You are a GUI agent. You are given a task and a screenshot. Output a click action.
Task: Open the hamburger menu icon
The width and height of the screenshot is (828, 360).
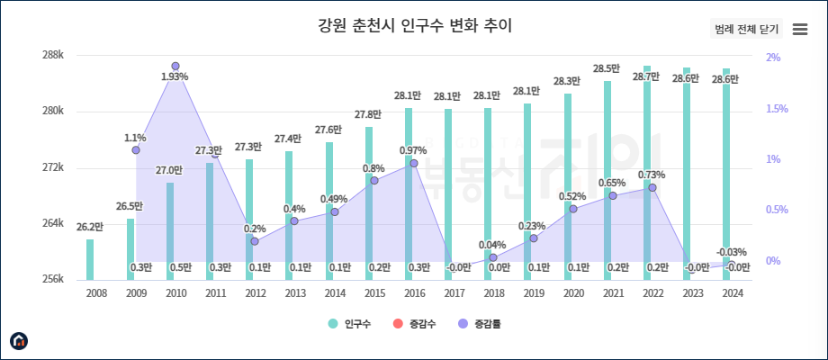(799, 29)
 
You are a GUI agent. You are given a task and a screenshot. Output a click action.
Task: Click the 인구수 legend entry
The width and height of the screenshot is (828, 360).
(352, 323)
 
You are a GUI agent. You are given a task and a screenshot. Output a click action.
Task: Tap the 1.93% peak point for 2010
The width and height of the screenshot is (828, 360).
(175, 67)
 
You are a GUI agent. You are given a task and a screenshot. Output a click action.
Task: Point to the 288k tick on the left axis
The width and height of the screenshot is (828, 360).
(53, 56)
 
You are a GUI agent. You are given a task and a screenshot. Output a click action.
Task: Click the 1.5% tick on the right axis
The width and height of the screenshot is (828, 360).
(776, 109)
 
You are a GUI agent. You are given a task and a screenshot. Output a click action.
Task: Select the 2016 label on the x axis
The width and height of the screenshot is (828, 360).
(414, 292)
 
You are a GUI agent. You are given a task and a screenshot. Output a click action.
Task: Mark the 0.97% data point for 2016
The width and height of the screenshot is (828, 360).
(414, 163)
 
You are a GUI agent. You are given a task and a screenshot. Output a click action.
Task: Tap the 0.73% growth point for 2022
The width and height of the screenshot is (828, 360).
(652, 187)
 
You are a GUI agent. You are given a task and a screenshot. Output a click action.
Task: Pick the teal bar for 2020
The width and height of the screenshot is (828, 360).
(568, 180)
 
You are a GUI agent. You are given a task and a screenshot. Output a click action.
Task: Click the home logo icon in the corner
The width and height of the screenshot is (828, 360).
(19, 340)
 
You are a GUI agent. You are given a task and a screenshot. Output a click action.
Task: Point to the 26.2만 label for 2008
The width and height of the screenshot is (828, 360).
(90, 228)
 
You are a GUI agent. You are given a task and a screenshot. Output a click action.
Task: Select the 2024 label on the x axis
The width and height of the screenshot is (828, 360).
(732, 292)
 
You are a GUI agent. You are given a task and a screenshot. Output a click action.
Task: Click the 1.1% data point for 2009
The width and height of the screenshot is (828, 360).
(136, 150)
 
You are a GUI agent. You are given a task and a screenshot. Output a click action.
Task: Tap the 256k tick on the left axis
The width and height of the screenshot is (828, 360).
(53, 279)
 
